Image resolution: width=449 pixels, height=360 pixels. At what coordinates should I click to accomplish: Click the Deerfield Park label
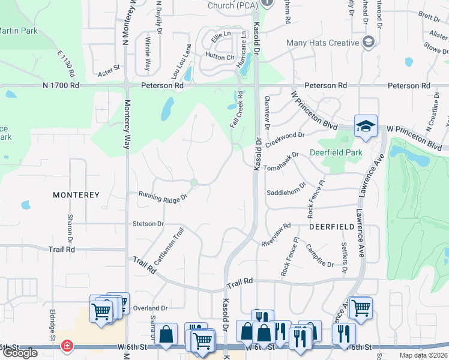pos(336,152)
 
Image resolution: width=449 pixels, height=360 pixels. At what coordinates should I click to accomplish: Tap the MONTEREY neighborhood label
pos(76,195)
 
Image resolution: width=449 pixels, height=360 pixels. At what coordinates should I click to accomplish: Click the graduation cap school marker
pos(365,126)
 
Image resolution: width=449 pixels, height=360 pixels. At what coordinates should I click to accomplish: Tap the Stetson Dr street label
pos(148,224)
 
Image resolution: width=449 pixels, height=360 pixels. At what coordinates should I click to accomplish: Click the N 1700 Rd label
pos(61,86)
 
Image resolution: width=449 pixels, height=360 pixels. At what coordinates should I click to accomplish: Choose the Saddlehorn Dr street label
pos(286,192)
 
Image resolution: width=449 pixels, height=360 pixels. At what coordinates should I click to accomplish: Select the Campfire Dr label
pos(319,255)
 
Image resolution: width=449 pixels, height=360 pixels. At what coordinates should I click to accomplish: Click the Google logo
pos(20,353)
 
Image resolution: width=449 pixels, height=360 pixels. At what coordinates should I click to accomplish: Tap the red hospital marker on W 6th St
pos(67,346)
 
